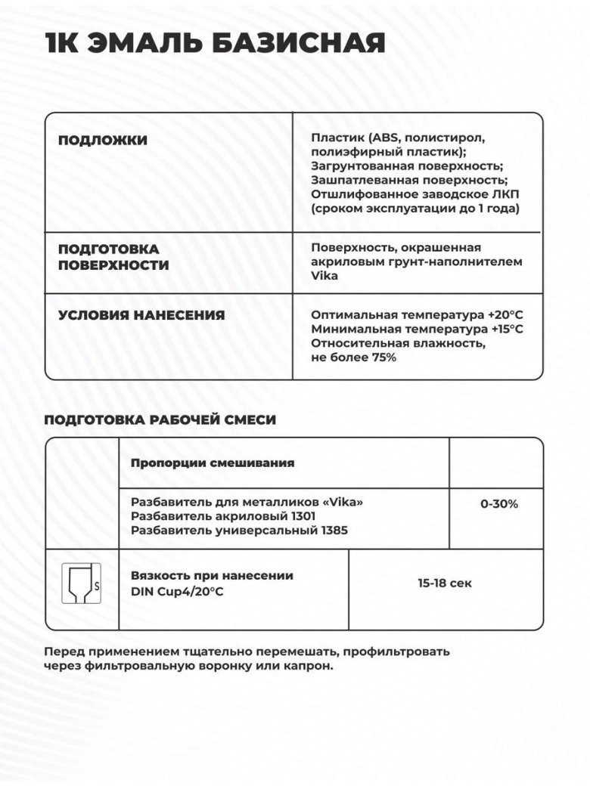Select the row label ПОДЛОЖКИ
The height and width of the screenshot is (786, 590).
[x=103, y=141]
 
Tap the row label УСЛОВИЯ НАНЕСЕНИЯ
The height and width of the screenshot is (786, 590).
[x=141, y=315]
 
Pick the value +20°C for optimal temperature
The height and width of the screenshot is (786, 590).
[x=505, y=315]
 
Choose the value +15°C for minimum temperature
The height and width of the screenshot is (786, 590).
[x=505, y=330]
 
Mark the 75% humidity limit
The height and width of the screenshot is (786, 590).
[x=381, y=357]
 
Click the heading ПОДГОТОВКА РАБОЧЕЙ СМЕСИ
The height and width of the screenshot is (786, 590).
[x=160, y=420]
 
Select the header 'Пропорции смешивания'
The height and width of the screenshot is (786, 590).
[x=213, y=463]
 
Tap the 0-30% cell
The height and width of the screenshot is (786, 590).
[x=499, y=504]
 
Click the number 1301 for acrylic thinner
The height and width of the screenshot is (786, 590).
[x=301, y=516]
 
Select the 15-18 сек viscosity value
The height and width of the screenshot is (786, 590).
[x=445, y=583]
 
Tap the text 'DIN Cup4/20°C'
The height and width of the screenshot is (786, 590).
[x=178, y=591]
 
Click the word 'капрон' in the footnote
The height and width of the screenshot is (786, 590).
[x=309, y=666]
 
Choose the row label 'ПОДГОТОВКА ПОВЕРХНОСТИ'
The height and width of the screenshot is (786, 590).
[x=113, y=257]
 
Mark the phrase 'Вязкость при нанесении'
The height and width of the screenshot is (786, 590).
[x=212, y=576]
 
